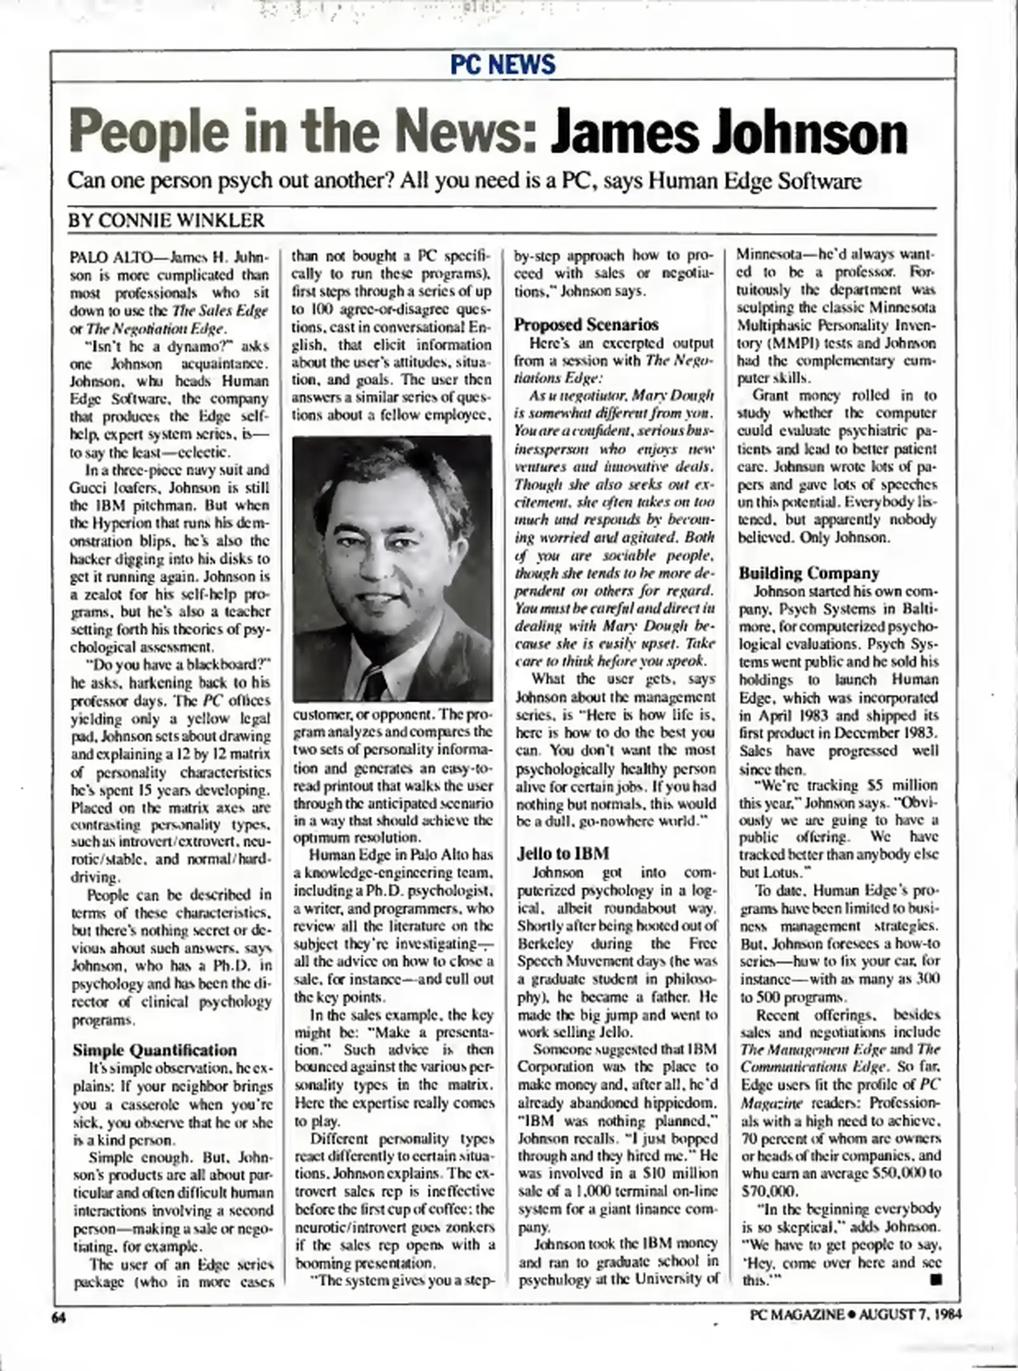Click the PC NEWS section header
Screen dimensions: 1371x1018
(502, 65)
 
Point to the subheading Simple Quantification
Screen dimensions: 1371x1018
(155, 1050)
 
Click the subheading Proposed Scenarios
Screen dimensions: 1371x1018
(586, 324)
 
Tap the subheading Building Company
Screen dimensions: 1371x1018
(809, 573)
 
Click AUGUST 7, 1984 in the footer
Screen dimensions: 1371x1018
(911, 1315)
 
